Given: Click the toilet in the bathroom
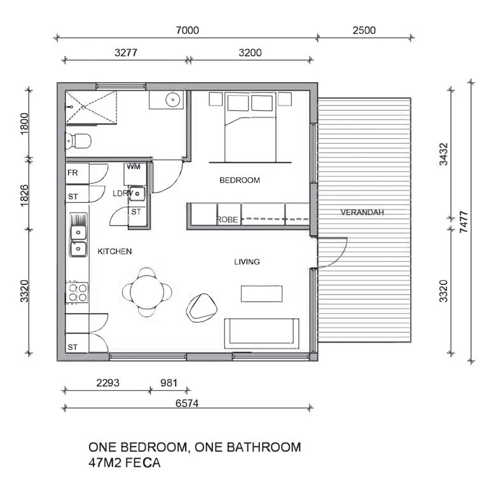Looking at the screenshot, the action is tap(78, 141).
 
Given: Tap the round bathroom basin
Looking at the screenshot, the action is tap(173, 99).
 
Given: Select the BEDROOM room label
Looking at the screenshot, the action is tap(240, 180).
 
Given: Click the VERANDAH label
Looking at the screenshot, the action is tap(362, 212).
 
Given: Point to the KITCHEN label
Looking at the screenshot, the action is tap(114, 251).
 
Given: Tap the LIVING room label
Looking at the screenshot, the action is tap(247, 261).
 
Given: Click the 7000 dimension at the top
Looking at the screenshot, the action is tap(188, 31).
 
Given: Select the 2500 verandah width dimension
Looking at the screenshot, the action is tap(364, 31).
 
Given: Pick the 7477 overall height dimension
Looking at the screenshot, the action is tap(463, 222).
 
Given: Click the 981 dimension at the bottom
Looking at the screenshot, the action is tap(169, 383).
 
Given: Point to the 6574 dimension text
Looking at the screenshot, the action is tap(187, 403).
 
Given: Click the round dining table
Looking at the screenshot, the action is tap(147, 292).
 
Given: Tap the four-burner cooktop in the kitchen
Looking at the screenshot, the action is tap(78, 293).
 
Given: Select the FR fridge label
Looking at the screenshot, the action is tap(72, 172).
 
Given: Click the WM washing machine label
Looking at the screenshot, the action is tap(134, 167).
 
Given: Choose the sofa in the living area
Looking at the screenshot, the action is tap(262, 333).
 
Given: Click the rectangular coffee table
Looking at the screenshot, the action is tap(262, 293).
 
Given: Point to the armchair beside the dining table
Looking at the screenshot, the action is tap(202, 307).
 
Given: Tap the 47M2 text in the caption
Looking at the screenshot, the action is tap(106, 463).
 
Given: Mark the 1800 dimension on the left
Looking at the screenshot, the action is tap(24, 123).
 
